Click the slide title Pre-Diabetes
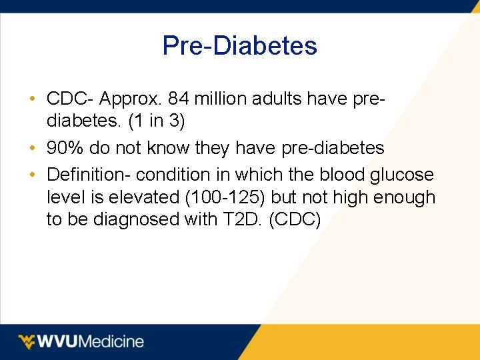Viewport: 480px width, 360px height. click(x=240, y=46)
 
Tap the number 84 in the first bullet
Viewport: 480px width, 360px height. click(x=181, y=99)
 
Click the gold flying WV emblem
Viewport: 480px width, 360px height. click(x=27, y=342)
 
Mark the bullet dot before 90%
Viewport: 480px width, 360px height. click(x=33, y=148)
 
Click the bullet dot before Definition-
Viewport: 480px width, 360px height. click(x=33, y=175)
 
